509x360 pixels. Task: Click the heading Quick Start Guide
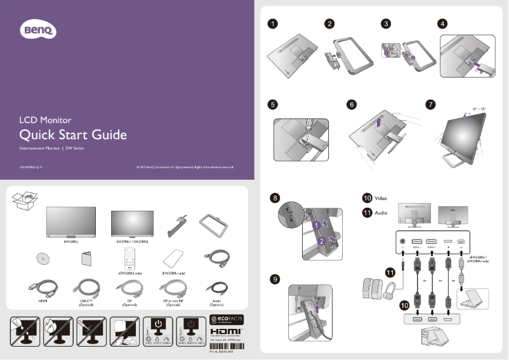[73, 135]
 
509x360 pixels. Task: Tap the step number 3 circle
[386, 24]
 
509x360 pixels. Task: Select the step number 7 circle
[431, 104]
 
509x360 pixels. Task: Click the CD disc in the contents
[44, 260]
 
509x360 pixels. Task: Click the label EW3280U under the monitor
[71, 242]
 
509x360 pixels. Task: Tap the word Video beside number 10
[381, 198]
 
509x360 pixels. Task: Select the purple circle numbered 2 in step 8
[322, 241]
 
